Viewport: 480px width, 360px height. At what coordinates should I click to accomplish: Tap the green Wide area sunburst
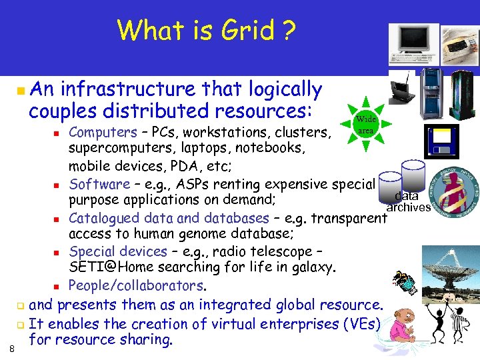366,125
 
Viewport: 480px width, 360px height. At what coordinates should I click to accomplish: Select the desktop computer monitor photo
413,43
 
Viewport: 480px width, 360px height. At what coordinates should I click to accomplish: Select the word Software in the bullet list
99,184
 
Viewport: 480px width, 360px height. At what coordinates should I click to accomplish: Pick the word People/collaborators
137,285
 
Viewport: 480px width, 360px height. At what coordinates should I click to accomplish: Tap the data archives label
407,201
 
